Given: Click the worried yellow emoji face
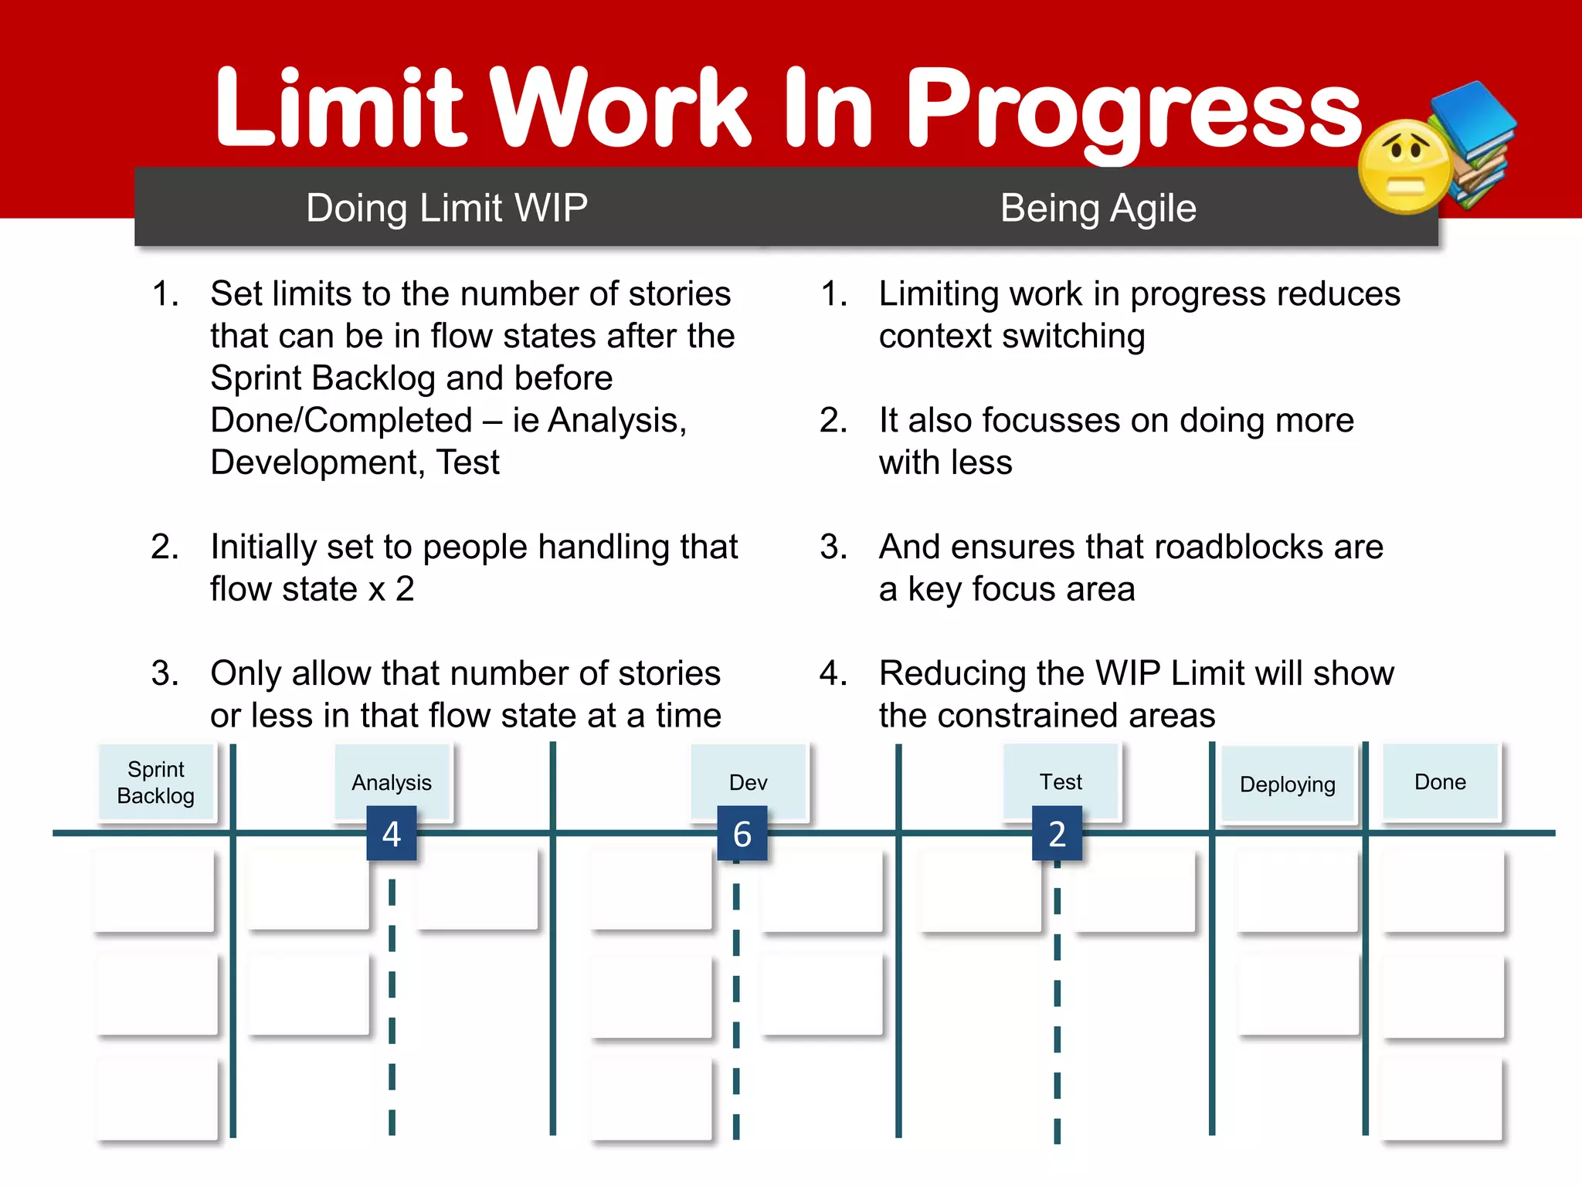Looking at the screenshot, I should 1404,166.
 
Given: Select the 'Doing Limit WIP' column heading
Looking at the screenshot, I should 446,208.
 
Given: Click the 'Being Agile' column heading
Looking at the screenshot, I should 1098,208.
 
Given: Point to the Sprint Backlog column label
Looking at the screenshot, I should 156,782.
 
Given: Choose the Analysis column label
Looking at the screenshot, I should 392,782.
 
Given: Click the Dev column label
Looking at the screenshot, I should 748,782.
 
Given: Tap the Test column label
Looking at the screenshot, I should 1061,781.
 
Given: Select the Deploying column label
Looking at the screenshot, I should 1287,784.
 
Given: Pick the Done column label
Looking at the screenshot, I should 1440,781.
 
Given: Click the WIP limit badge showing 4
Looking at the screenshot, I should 392,834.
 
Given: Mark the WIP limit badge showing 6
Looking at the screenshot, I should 742,834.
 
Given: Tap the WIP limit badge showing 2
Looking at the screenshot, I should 1057,834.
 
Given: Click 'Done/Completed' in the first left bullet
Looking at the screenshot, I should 341,420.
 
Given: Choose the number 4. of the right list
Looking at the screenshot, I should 833,673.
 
